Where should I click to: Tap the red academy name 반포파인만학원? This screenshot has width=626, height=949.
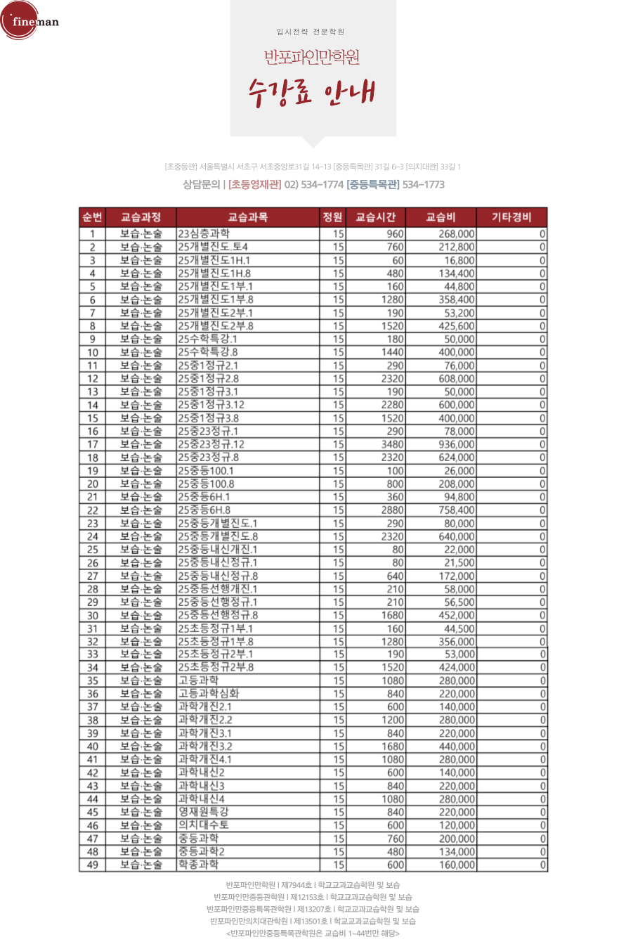tap(313, 57)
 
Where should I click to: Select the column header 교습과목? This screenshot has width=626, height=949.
tap(248, 217)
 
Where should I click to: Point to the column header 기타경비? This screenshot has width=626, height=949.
tap(511, 217)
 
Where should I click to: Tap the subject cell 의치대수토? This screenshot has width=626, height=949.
tap(204, 825)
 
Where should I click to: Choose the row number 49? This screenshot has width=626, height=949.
tap(92, 865)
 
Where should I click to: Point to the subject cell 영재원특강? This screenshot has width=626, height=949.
tap(204, 812)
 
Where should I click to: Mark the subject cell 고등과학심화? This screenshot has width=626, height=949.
tap(209, 694)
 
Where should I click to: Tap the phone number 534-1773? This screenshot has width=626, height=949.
tap(424, 185)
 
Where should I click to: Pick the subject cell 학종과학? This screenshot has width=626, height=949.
tap(199, 865)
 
